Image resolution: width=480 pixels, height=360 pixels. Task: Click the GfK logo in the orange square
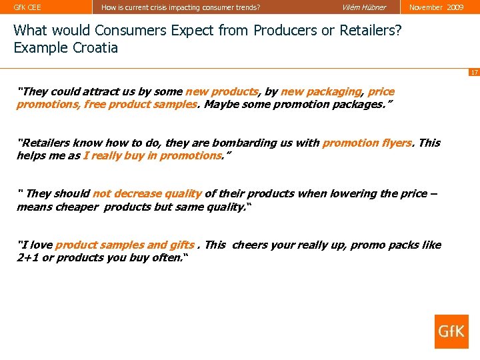[451, 331]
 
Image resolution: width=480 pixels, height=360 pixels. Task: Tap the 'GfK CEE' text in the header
[27, 7]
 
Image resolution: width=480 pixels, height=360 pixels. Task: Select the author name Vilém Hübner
[364, 7]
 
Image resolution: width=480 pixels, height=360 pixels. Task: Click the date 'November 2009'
[436, 7]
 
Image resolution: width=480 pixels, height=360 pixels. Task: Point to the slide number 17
[473, 72]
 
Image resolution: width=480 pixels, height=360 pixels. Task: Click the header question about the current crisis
[181, 7]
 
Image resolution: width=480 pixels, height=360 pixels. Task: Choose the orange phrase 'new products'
[221, 91]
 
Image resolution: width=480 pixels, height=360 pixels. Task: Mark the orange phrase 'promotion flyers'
[367, 143]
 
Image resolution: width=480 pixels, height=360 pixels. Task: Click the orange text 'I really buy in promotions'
[152, 155]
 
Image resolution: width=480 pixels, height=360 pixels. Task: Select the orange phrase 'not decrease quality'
[147, 193]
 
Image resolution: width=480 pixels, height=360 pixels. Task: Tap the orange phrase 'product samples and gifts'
[125, 245]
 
